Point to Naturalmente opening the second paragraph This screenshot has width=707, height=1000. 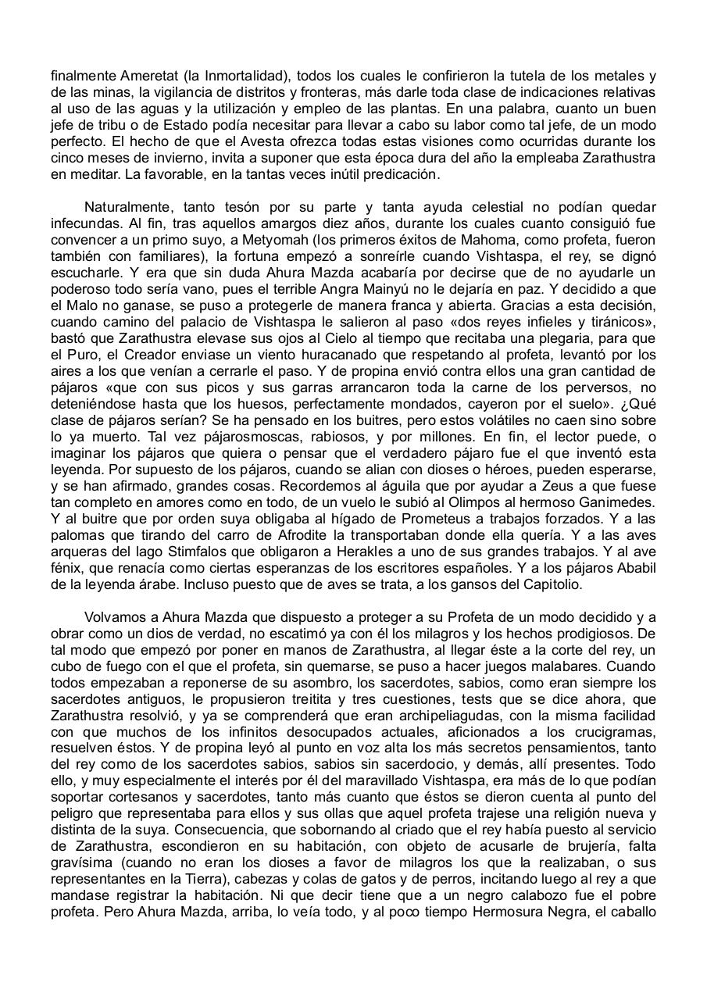coord(127,208)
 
